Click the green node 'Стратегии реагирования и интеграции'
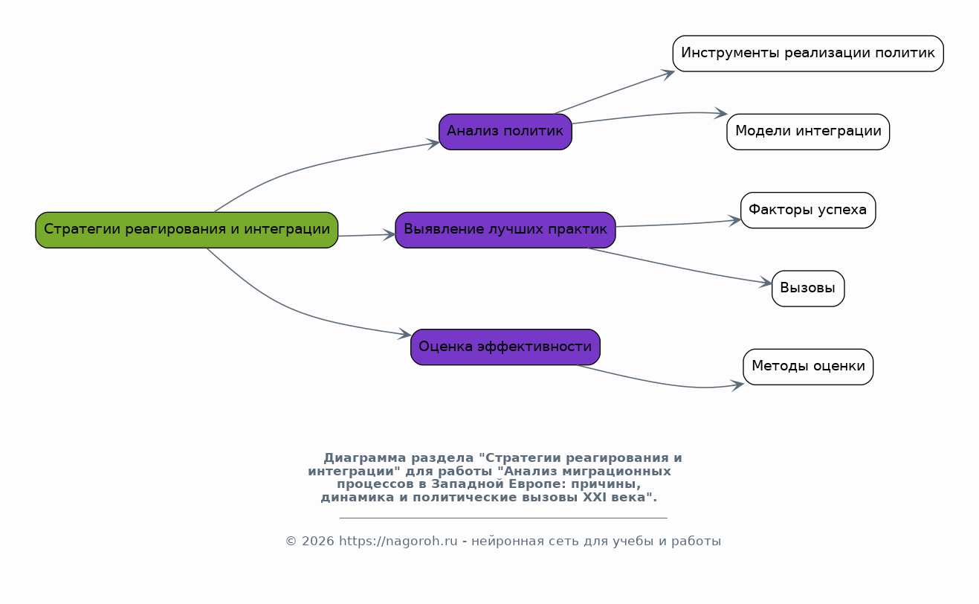point(187,230)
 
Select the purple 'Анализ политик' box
point(505,132)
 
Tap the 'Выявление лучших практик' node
point(505,230)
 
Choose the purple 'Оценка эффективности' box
point(505,347)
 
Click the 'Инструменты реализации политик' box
point(808,54)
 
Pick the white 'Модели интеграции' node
point(808,132)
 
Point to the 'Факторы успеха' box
point(808,210)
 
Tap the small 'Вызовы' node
point(808,288)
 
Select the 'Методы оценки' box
point(808,367)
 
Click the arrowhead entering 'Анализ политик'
point(433,144)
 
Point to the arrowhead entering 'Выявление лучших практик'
point(389,235)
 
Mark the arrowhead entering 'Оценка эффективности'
point(404,334)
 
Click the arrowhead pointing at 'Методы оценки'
point(737,385)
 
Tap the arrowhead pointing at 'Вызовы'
point(766,283)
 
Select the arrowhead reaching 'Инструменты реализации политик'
point(668,74)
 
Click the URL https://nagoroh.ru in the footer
point(398,542)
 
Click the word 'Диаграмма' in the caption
point(364,458)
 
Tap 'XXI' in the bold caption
point(595,498)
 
